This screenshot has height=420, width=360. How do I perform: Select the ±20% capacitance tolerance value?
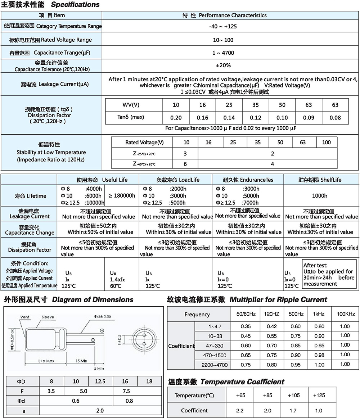tap(223, 66)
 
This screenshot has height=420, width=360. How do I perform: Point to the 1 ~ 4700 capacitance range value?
tap(223, 53)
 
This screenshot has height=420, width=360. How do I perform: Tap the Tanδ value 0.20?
tap(176, 118)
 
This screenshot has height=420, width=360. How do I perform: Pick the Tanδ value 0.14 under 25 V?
tap(229, 118)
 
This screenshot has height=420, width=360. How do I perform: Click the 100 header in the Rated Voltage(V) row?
tap(326, 143)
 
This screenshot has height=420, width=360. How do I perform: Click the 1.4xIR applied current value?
tap(117, 279)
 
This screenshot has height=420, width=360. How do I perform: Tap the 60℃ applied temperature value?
tap(116, 286)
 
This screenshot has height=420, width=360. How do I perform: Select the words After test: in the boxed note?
tap(315, 266)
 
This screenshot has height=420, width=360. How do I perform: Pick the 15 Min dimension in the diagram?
tap(81, 361)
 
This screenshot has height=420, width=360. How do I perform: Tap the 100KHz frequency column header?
tap(346, 314)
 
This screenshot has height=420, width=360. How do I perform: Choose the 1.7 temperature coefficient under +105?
tap(293, 410)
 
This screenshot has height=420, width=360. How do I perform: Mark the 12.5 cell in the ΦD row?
tap(100, 381)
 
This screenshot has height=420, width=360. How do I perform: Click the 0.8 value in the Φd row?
tap(129, 401)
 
